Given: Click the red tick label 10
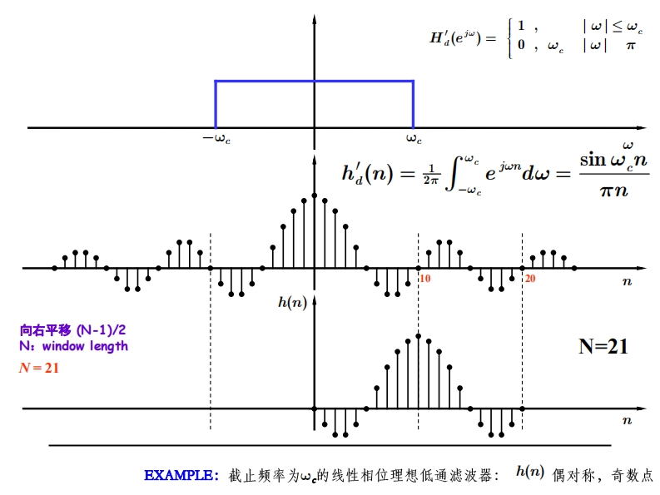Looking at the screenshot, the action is (x=424, y=279).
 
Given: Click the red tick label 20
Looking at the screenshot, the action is (x=529, y=279).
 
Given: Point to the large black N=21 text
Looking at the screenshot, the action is (x=603, y=347).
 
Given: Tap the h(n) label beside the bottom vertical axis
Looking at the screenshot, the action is (x=292, y=303).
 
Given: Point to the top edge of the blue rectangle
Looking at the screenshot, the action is (x=315, y=81).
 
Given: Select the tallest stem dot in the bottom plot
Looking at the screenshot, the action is (x=419, y=336).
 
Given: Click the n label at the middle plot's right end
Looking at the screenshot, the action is (x=627, y=283).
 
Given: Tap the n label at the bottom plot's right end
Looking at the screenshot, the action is (x=627, y=422).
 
